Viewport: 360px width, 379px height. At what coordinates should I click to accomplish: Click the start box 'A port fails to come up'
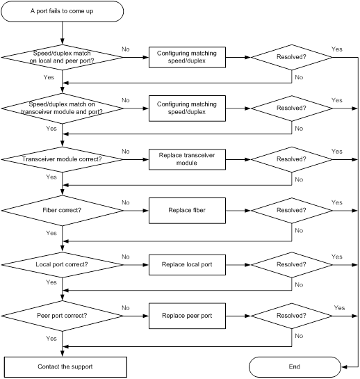63,11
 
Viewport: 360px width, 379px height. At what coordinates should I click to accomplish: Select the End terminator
295,367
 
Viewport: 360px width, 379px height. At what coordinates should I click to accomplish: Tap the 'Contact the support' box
65,367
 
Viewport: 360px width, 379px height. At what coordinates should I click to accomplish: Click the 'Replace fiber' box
187,211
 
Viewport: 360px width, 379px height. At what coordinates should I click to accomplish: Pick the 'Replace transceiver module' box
187,159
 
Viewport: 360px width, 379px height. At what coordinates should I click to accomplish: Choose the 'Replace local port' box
187,265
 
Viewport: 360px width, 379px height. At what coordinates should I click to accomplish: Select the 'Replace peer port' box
187,316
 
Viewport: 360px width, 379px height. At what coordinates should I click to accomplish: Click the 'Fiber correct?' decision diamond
63,211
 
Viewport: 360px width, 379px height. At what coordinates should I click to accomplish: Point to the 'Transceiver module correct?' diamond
63,159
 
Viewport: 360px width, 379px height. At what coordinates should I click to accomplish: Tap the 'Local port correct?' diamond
63,265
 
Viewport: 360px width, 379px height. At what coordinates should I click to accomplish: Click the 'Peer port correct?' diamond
63,316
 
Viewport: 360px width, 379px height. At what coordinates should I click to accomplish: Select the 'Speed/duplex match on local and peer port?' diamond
63,57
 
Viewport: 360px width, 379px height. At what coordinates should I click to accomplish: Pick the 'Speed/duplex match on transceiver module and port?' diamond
63,108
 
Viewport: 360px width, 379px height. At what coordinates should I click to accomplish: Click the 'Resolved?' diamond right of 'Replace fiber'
292,211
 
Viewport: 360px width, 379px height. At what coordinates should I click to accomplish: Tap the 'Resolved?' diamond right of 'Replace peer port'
292,316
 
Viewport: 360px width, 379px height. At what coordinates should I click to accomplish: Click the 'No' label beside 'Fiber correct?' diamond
126,202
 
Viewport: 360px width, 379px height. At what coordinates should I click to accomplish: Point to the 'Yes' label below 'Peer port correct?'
51,339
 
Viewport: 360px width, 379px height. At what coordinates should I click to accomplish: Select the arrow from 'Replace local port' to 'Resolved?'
238,265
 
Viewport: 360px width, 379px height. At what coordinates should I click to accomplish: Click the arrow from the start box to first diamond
63,33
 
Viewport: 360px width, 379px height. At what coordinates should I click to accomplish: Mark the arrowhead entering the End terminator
344,367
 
